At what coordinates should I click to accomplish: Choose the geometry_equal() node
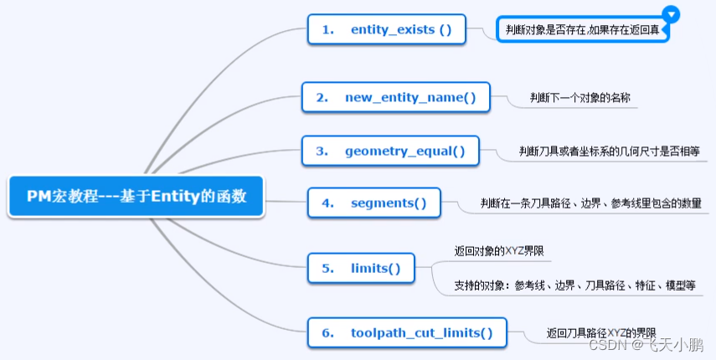(389, 151)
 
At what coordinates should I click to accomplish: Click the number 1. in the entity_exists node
(328, 29)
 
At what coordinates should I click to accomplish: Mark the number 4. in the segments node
(327, 203)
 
